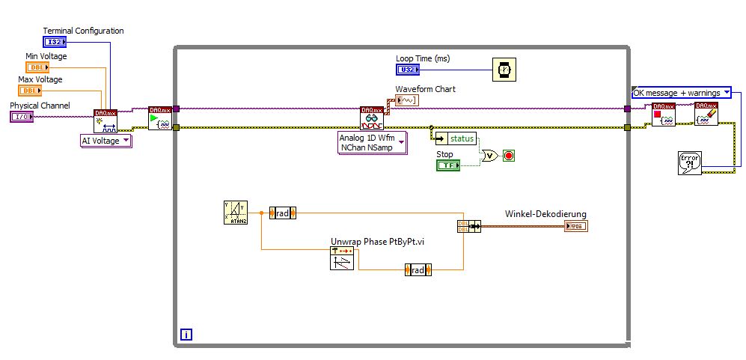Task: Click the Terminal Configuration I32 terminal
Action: tap(55, 42)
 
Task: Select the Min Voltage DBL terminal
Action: tap(38, 67)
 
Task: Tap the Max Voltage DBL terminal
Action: tap(31, 91)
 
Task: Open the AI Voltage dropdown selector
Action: tap(106, 141)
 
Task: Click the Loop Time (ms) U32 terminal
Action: tap(408, 70)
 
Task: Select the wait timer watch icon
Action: tap(504, 69)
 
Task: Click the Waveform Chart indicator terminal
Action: tap(407, 100)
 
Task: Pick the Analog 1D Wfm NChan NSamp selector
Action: tap(372, 142)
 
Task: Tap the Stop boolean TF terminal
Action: tap(447, 165)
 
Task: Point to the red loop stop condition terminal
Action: tap(510, 156)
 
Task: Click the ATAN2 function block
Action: tap(235, 213)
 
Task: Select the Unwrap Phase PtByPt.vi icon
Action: tap(341, 259)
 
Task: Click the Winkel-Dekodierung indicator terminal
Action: tap(576, 226)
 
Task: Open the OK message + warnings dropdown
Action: tap(681, 93)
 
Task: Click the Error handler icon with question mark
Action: tap(689, 162)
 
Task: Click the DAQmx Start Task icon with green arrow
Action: tap(159, 118)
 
